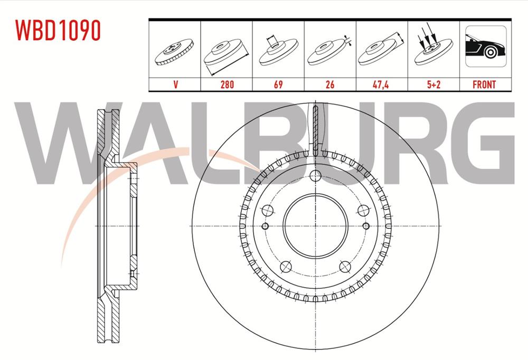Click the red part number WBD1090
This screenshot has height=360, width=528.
pos(58,31)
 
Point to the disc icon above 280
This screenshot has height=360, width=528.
pos(226,53)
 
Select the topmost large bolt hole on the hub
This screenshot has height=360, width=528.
pos(315,177)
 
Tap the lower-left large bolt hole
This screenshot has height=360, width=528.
pos(286,266)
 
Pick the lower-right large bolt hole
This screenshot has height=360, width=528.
pos(344,266)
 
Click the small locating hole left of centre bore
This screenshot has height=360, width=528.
pos(266,226)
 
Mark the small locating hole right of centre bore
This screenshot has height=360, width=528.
pos(365,226)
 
